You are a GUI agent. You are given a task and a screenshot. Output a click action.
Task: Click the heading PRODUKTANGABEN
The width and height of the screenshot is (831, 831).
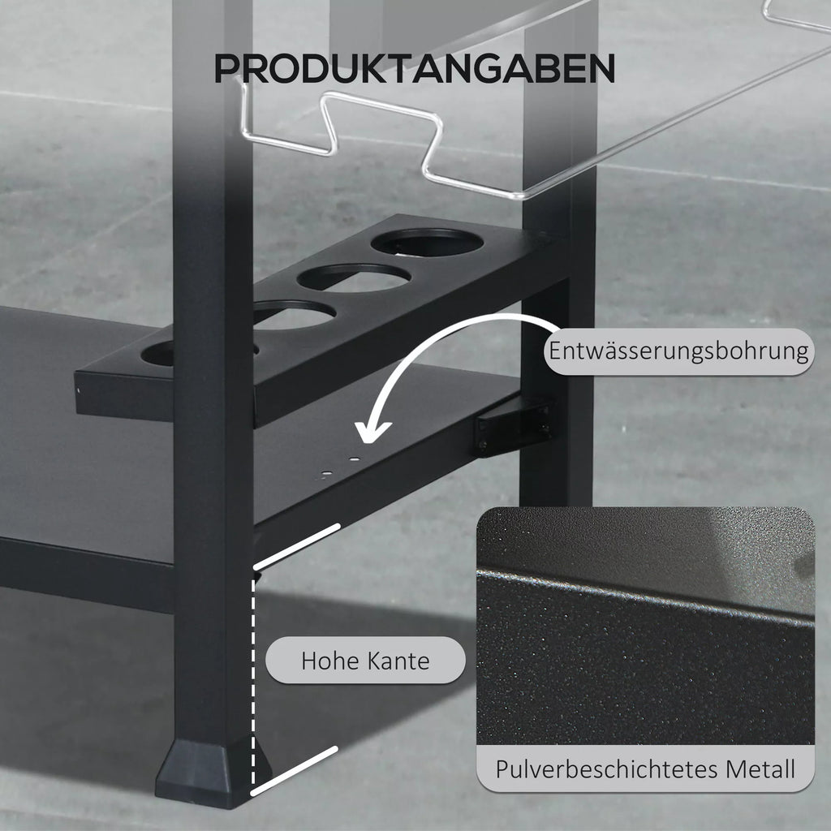click(415, 68)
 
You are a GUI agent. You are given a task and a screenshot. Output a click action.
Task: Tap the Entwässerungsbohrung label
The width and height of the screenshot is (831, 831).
click(679, 351)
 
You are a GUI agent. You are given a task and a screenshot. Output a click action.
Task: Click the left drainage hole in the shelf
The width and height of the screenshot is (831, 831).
click(327, 473)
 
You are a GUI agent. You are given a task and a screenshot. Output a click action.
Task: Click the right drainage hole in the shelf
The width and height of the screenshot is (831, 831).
click(355, 459)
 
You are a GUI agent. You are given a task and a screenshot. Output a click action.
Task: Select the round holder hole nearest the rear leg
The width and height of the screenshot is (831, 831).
click(427, 242)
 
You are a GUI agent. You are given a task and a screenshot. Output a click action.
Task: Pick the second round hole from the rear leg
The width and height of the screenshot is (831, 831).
click(354, 278)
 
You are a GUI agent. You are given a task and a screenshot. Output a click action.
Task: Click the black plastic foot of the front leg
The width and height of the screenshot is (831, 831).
click(212, 773)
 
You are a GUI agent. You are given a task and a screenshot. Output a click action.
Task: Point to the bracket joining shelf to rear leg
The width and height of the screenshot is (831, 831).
click(514, 427)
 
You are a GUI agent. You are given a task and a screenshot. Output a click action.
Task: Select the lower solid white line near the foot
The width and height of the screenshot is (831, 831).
click(294, 771)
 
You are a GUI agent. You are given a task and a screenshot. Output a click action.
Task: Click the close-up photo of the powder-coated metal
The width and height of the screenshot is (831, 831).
click(645, 626)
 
